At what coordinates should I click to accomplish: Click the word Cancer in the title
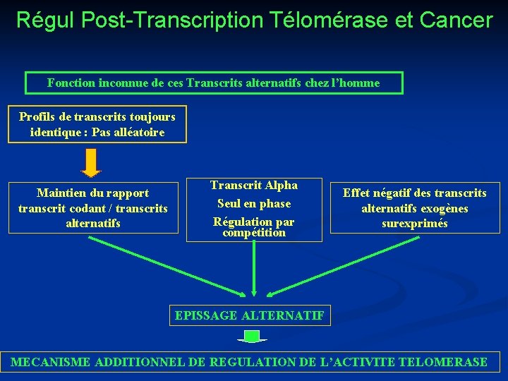click(x=455, y=20)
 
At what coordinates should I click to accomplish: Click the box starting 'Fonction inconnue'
click(x=213, y=83)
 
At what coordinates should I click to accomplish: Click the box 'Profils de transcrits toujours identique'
click(x=97, y=124)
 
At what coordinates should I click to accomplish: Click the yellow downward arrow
click(x=91, y=163)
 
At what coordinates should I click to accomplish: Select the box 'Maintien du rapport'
click(x=93, y=208)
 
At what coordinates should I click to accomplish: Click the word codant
click(x=87, y=208)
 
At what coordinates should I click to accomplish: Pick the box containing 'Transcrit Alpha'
click(x=254, y=209)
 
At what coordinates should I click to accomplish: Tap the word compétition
click(x=254, y=232)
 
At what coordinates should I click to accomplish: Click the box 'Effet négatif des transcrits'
click(x=414, y=208)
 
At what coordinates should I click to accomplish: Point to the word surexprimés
click(x=415, y=224)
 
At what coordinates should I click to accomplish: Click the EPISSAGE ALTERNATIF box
click(x=250, y=315)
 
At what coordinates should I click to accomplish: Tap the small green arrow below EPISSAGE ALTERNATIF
click(x=252, y=335)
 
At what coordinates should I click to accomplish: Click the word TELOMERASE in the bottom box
click(x=443, y=363)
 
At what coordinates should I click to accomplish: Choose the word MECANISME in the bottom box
click(x=51, y=363)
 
